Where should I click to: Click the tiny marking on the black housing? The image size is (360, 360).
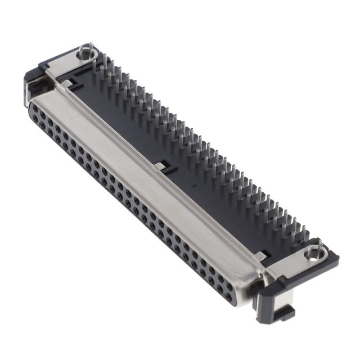pyautogui.click(x=195, y=184)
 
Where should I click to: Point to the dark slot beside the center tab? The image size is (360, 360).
pyautogui.click(x=169, y=169)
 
